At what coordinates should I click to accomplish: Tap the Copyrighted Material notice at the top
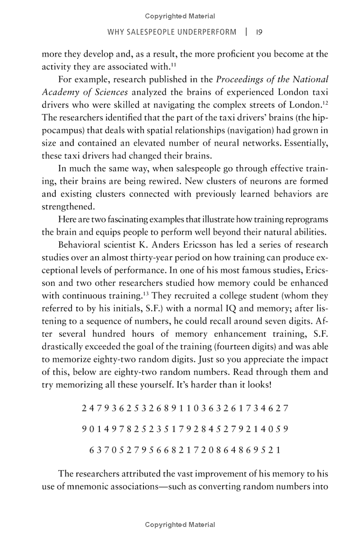180,17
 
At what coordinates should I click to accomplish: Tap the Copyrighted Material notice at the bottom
180,525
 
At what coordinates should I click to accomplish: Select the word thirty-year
184,258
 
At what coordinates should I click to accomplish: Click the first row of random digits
185,409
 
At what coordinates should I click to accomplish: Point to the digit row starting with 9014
185,429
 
